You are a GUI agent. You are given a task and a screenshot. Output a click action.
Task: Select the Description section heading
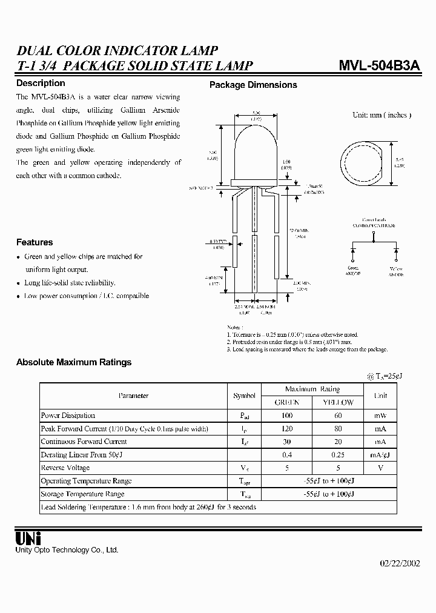41,84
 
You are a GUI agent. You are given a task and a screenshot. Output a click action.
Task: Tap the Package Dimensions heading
253,85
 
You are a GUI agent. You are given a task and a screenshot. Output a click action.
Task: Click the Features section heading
35,242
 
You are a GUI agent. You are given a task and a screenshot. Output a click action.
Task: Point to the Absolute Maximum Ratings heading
74,362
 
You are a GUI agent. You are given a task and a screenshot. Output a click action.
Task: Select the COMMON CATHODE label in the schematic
374,225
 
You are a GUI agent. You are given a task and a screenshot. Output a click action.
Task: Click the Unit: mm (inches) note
382,115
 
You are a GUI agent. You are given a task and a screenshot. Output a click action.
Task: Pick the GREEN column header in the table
286,402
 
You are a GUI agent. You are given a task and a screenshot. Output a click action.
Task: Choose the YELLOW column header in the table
338,402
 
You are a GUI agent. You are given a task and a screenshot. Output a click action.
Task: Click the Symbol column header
244,396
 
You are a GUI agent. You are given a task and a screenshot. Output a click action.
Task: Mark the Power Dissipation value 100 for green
286,416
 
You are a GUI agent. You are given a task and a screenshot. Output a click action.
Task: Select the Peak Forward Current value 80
338,429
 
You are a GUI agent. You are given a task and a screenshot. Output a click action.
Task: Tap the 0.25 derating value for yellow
338,455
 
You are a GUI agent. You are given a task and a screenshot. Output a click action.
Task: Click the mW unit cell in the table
380,416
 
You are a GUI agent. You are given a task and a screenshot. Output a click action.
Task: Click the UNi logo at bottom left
28,537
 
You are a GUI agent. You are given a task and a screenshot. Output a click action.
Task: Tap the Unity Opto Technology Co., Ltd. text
67,550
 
